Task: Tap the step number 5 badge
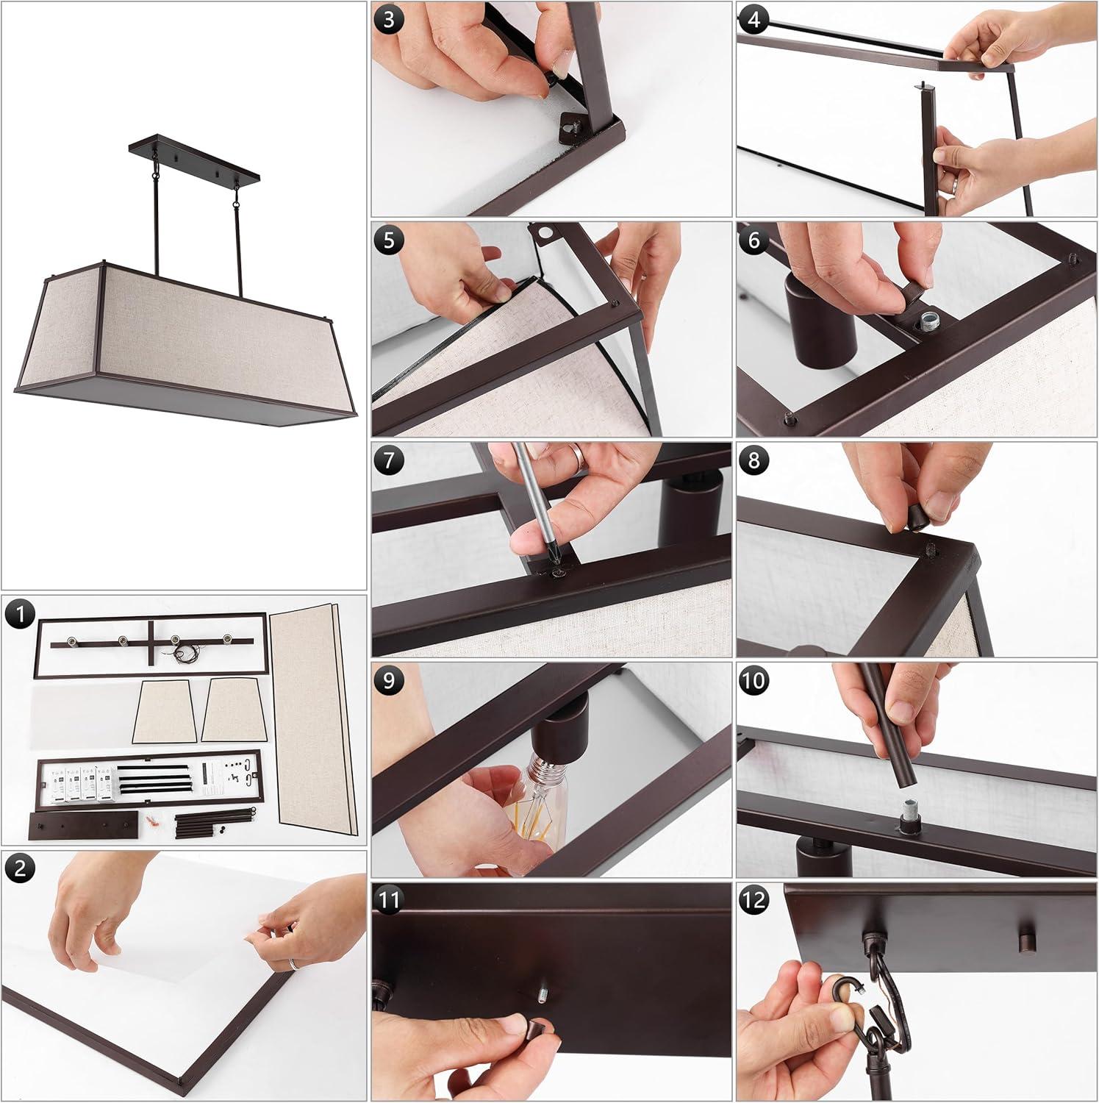coord(389,240)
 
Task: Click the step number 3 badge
coord(389,20)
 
